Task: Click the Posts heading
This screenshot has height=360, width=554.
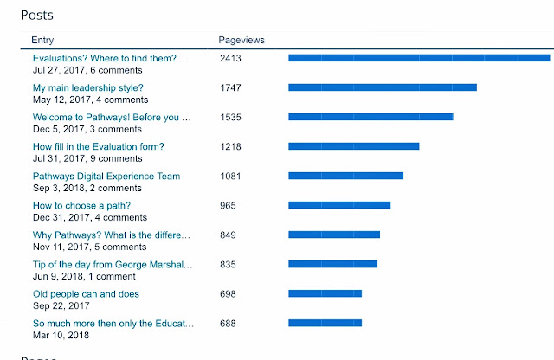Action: [x=37, y=16]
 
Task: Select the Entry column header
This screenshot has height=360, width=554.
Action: [x=42, y=40]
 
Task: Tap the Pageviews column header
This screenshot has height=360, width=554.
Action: [x=242, y=40]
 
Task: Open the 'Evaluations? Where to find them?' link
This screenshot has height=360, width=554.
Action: [x=110, y=58]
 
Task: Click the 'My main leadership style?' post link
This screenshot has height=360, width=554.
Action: [x=88, y=87]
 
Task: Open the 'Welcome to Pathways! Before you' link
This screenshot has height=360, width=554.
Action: [x=112, y=118]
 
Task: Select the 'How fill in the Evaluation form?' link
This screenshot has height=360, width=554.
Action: [x=98, y=146]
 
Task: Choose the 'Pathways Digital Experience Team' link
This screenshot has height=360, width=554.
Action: [x=106, y=176]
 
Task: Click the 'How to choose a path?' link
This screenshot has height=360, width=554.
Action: [x=81, y=206]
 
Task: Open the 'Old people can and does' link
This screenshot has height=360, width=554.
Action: [x=86, y=294]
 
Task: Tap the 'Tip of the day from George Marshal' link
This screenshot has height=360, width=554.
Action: [x=113, y=264]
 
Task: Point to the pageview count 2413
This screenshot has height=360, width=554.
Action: [x=230, y=58]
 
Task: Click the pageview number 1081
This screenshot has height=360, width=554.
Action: [x=230, y=176]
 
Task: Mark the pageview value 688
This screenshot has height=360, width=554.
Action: [x=228, y=324]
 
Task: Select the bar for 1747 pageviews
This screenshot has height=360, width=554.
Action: [x=383, y=87]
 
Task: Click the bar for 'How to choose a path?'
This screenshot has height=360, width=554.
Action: [x=339, y=205]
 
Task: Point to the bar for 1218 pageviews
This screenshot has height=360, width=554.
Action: [x=354, y=146]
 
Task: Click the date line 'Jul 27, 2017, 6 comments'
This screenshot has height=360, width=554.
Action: [x=87, y=70]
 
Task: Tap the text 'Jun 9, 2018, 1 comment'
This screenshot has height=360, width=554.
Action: [x=84, y=276]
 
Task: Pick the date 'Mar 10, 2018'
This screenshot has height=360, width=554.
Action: [x=61, y=335]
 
